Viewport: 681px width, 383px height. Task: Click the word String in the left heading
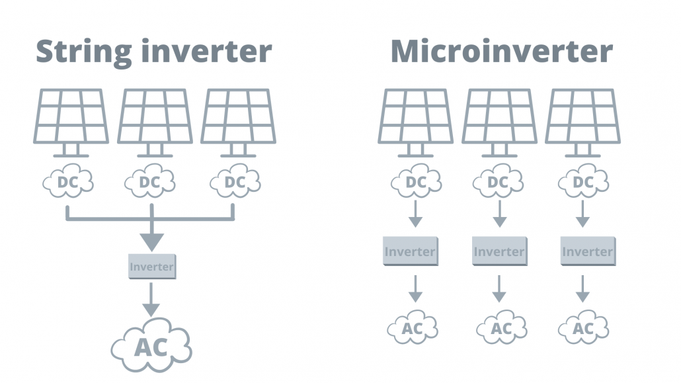(79, 52)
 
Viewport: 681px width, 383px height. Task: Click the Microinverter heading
(501, 52)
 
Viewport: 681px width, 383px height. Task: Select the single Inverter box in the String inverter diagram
(151, 267)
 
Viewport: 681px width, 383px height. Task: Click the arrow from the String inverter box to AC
(151, 300)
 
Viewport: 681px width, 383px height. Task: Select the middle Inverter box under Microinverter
(499, 252)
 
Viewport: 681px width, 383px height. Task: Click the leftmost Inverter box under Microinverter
(410, 252)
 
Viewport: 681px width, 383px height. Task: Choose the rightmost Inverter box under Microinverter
(587, 252)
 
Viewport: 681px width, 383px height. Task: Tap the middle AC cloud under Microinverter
(501, 328)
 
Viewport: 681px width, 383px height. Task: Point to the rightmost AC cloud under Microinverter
(583, 328)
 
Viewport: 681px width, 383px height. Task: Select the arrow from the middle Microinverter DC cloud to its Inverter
(500, 214)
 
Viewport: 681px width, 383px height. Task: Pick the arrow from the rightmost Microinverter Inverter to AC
(582, 288)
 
